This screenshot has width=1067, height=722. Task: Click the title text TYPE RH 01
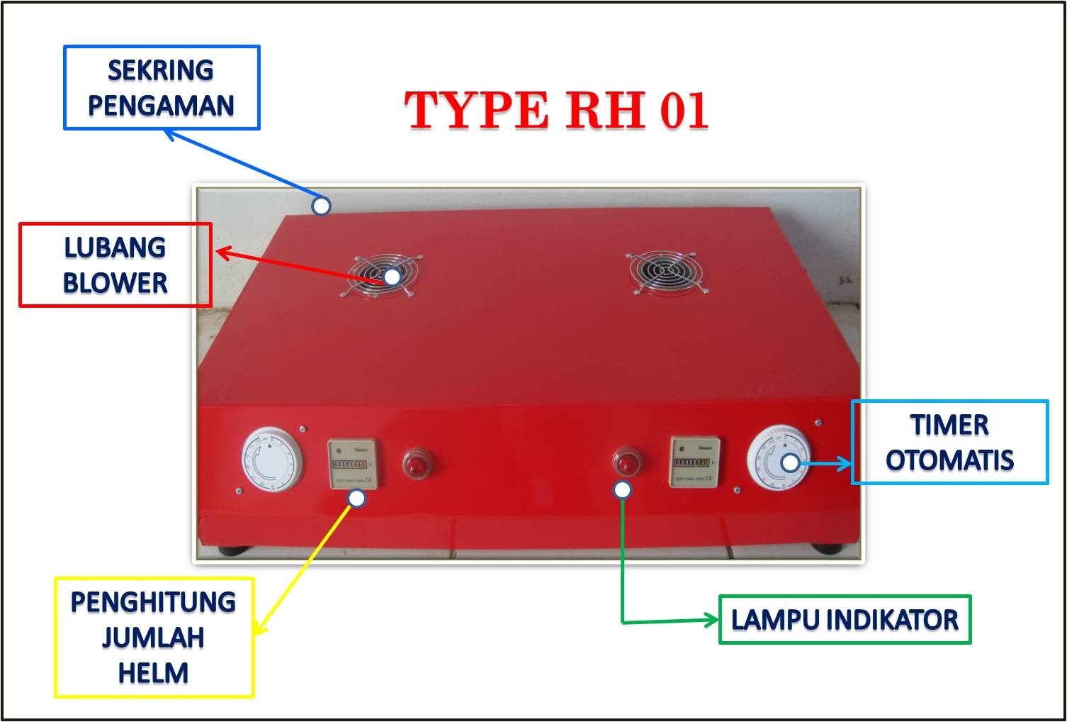[556, 111]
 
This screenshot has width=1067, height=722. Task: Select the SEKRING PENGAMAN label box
[162, 88]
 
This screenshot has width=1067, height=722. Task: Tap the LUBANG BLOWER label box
[115, 265]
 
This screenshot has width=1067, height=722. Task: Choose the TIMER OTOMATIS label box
[949, 443]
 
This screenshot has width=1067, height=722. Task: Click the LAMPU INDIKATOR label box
[845, 620]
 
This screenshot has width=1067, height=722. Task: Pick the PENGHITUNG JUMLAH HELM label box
[154, 637]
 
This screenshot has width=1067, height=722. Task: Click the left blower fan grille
[383, 274]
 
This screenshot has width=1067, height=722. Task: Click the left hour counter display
[352, 464]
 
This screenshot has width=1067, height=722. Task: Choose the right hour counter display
[694, 462]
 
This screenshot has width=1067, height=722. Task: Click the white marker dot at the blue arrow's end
[322, 206]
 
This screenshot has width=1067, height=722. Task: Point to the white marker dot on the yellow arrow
[357, 499]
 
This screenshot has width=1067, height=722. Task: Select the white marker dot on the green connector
[622, 489]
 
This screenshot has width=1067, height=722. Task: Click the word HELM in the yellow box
[154, 672]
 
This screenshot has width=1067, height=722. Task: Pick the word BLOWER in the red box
[115, 283]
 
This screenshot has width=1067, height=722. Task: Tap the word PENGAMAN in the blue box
[162, 106]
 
